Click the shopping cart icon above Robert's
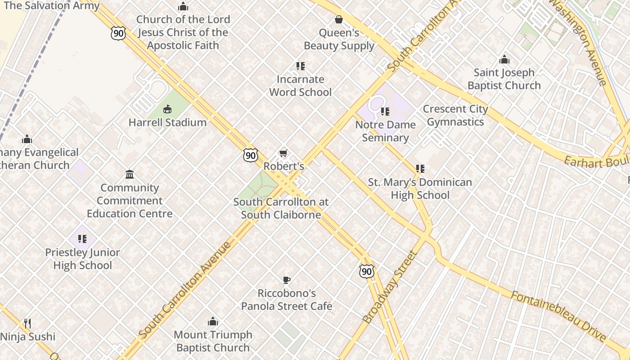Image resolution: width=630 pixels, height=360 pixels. pos(283,153)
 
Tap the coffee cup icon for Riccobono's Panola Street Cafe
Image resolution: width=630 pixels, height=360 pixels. pos(286,280)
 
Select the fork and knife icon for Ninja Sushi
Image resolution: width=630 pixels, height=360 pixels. pos(27,323)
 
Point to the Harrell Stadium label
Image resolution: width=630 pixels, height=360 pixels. pos(167,122)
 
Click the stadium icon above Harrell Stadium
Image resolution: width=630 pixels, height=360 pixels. pos(167,109)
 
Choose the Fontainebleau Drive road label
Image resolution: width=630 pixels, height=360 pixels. pos(558,316)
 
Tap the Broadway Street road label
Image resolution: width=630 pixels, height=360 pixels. pos(390,287)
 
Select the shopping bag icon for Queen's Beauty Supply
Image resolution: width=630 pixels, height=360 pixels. pos(339,19)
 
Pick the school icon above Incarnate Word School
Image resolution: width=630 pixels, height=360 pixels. pos(300,66)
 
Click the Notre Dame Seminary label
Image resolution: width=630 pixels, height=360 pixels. pos(385,131)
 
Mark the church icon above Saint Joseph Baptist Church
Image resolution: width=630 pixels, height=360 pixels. pos(504,59)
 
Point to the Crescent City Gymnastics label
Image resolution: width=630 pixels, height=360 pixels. pos(455,116)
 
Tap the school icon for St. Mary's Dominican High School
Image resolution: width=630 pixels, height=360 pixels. pos(420,169)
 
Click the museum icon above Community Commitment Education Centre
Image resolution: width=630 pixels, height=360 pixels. pos(130,174)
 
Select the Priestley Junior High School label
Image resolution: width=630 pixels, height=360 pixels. pos(82,259)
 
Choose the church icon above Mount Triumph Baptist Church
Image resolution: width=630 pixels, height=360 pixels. pos(213,322)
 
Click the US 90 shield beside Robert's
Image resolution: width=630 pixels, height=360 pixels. pos(251,156)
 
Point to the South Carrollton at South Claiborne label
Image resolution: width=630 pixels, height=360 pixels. pos(281,208)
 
